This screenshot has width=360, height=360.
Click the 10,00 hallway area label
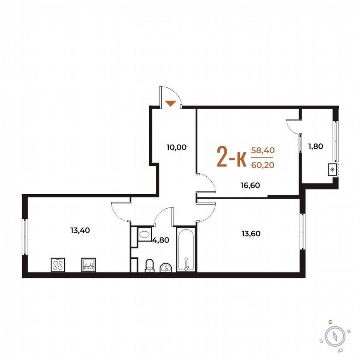[x=176, y=147]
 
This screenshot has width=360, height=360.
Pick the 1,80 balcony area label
[x=316, y=146]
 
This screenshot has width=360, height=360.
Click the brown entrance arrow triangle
[x=170, y=103]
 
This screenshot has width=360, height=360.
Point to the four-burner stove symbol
[x=57, y=265]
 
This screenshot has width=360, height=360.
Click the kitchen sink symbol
[x=88, y=265]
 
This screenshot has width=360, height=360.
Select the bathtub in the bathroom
[x=185, y=249]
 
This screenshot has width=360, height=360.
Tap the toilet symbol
[x=150, y=265]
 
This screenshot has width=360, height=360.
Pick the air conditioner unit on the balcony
[x=332, y=170]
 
